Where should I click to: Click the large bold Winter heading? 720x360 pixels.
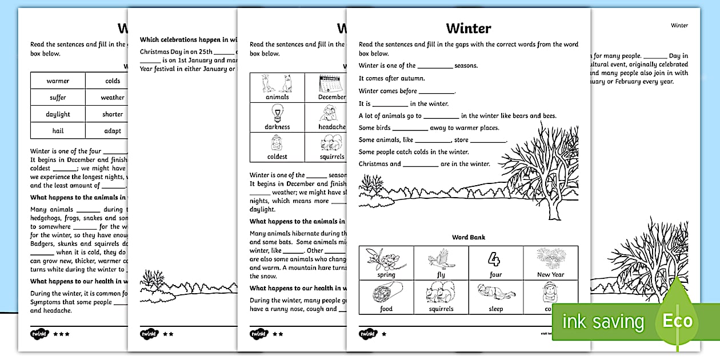click(468, 28)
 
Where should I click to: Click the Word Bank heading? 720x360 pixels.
click(468, 237)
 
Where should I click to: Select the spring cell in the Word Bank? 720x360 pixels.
click(386, 263)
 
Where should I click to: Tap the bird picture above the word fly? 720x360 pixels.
click(441, 260)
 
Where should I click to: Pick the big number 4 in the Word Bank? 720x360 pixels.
click(495, 259)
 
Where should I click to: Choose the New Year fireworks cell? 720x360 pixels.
click(550, 263)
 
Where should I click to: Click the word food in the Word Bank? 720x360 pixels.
click(386, 309)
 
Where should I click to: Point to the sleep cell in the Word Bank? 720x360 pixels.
click(495, 298)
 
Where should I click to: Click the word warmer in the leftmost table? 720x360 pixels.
click(58, 81)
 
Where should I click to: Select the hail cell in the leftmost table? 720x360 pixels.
click(58, 131)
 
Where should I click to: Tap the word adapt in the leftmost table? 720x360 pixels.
click(113, 131)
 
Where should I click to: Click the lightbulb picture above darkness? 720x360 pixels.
click(277, 112)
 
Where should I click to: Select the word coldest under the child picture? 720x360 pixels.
click(277, 157)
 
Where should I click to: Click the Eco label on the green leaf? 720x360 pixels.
click(677, 321)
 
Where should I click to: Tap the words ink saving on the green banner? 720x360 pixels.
click(603, 322)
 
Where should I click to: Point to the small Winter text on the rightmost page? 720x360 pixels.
click(679, 25)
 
